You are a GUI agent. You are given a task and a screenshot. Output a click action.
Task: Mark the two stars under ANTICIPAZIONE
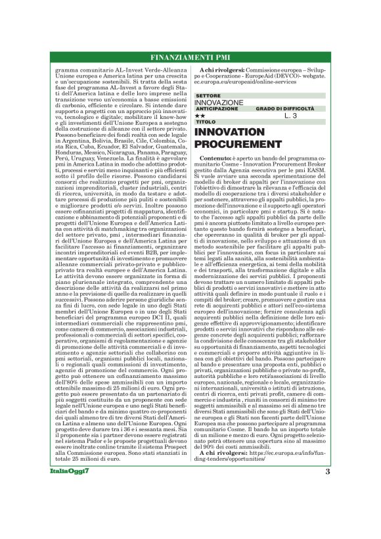pyautogui.click(x=200, y=116)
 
